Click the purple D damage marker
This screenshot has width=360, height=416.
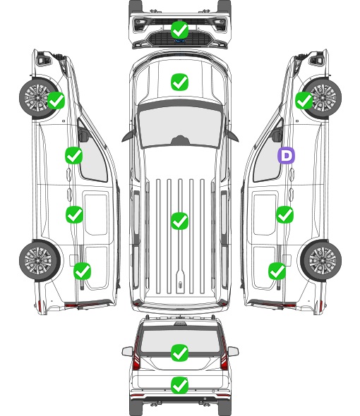coord(286,155)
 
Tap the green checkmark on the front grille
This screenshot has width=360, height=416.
coord(179,30)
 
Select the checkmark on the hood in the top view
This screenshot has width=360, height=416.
coord(179,82)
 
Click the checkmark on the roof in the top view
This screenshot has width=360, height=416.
coord(179,221)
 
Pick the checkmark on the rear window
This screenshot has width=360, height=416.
coord(179,353)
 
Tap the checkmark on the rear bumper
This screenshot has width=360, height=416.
coord(179,385)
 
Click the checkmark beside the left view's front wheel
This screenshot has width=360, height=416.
coord(56,100)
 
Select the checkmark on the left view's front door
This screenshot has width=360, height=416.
coord(73,155)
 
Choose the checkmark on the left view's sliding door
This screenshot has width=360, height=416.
coord(74,214)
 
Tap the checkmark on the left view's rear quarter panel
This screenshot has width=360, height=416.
coord(82,271)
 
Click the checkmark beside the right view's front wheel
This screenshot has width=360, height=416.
coord(304,100)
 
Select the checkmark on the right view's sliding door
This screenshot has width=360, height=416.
coord(284,214)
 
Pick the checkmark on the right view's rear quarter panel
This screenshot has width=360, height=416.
coord(277,271)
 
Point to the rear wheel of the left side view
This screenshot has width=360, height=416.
coord(40,260)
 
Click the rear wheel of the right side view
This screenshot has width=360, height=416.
coord(321,260)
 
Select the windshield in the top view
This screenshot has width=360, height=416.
coord(180,126)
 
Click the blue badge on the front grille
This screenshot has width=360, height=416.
coord(179,41)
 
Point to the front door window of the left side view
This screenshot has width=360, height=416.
coord(92,154)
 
